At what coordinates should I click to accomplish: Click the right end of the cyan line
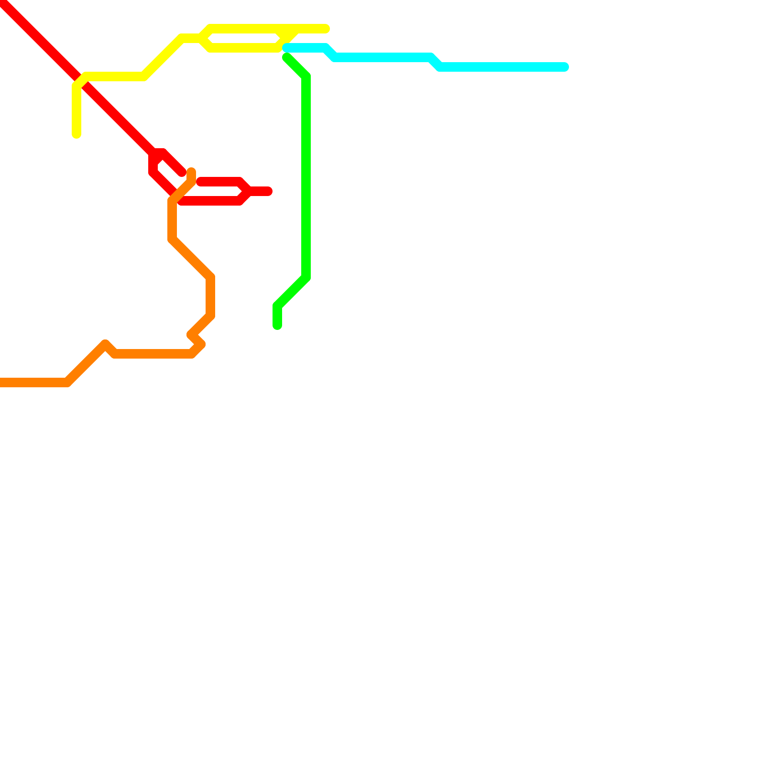[x=565, y=67]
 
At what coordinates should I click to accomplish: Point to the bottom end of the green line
[x=277, y=326]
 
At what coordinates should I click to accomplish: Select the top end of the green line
[x=286, y=58]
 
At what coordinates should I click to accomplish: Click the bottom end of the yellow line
[x=76, y=134]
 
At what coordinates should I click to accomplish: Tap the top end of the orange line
[x=191, y=171]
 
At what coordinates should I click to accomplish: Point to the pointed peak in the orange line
[x=105, y=344]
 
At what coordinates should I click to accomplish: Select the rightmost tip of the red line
[x=269, y=191]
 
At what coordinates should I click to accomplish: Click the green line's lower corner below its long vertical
[x=306, y=277]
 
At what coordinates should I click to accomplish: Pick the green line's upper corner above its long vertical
[x=306, y=76]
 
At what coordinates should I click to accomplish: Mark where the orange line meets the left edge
[x=1, y=382]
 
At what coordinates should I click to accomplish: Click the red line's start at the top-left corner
[x=2, y=2]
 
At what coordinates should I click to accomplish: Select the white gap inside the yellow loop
[x=244, y=38]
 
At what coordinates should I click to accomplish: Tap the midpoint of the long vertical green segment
[x=306, y=177]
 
